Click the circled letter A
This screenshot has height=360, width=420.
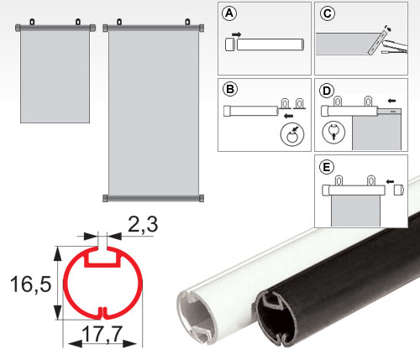229,13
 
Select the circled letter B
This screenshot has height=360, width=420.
230,89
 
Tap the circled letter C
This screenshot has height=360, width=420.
328,13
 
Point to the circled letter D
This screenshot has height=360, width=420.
327,91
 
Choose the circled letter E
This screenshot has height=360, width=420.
327,167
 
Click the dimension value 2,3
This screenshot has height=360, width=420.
143,224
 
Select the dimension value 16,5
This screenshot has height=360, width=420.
31,284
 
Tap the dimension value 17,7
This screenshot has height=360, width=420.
102,334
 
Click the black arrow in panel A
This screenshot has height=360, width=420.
237,34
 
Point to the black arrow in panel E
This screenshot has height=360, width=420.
390,182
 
